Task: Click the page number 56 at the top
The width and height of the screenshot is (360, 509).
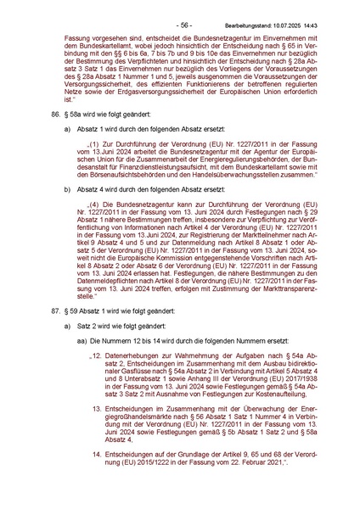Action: (x=179, y=7)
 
